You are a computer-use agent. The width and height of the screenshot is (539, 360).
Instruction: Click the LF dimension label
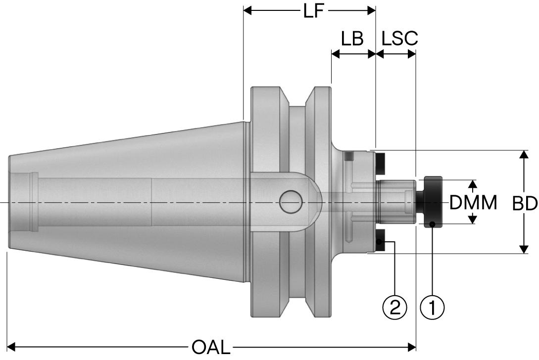(314, 11)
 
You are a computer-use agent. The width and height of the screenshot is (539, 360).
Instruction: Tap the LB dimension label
(352, 39)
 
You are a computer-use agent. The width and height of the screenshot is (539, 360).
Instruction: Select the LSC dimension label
(399, 39)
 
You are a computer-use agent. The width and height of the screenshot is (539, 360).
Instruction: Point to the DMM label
(473, 202)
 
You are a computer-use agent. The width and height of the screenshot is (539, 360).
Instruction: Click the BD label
(525, 203)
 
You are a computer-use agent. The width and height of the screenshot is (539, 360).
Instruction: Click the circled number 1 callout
(432, 307)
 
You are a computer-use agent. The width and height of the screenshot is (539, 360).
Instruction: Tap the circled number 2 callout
(394, 307)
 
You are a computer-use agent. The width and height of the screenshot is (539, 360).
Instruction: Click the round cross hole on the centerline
(291, 202)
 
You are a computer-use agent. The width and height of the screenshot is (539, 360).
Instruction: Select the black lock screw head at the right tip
(431, 202)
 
